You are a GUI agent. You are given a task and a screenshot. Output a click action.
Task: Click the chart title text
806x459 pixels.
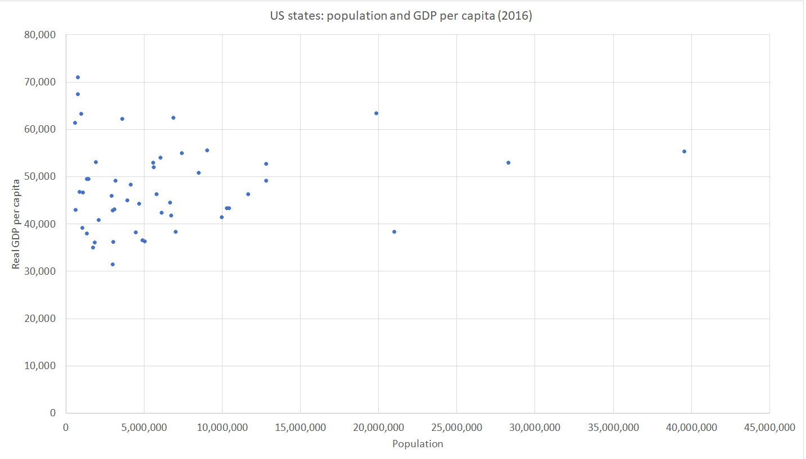[401, 16]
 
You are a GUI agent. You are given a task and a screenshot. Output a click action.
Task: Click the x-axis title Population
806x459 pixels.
[418, 444]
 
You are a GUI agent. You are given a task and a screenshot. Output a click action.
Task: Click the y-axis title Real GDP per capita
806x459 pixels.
[16, 224]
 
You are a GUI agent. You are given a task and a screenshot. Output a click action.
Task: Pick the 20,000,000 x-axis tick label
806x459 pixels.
[378, 428]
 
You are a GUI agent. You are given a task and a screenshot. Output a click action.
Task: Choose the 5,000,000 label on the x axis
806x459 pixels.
[144, 428]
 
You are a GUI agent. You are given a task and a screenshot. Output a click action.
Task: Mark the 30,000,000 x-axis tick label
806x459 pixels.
[535, 428]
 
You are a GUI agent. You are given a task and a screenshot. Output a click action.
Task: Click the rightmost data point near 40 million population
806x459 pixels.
[684, 151]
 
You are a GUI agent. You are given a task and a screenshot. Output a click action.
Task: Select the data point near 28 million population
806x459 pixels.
[508, 162]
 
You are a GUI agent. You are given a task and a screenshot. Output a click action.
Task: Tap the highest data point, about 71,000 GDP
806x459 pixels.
[78, 77]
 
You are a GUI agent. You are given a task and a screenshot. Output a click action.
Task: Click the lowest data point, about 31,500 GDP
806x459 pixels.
[112, 264]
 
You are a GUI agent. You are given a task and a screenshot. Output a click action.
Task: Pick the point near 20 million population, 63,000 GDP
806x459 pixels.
[376, 113]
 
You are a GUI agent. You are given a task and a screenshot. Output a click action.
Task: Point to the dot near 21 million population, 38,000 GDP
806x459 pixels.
[394, 231]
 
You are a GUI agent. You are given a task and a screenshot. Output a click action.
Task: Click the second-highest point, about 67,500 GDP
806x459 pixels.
[78, 94]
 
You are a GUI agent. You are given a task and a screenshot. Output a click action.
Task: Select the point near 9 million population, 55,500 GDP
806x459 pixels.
[207, 150]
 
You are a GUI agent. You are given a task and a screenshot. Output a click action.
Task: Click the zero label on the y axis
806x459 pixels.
[53, 413]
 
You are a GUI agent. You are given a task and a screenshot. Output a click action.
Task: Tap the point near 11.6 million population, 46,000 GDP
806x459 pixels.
[248, 194]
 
